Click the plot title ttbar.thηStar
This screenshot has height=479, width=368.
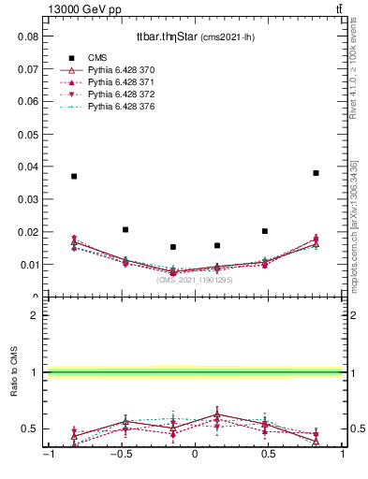167,36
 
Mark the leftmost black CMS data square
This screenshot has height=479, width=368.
74,176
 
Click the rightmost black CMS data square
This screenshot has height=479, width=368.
316,173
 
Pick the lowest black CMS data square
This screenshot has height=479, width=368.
173,247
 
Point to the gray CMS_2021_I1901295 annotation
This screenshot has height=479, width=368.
195,280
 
